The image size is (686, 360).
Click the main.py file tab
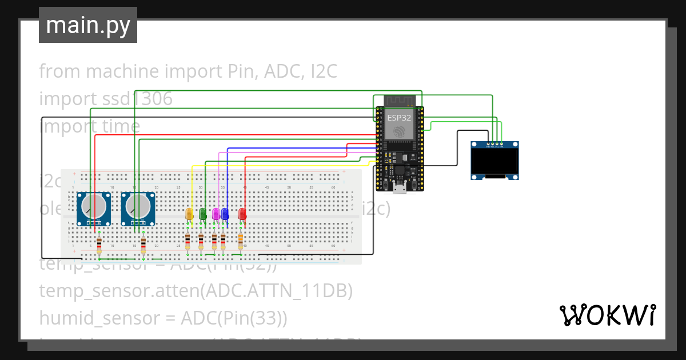(87, 26)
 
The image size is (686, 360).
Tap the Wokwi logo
(607, 315)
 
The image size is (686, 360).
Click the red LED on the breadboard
(242, 214)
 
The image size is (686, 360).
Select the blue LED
(225, 214)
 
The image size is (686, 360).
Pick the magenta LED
(216, 214)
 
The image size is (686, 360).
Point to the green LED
(202, 214)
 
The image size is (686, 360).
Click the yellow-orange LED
(190, 214)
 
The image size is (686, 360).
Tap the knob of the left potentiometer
(94, 206)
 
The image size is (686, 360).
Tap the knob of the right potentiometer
(138, 206)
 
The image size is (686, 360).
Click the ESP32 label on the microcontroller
(398, 117)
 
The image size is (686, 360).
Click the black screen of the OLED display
(494, 162)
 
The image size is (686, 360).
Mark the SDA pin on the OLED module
(501, 143)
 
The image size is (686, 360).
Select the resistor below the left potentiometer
(99, 245)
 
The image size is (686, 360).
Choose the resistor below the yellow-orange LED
(188, 241)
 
